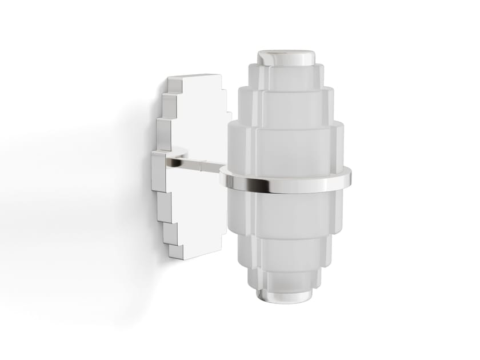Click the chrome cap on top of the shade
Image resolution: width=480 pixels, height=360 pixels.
pyautogui.click(x=286, y=57)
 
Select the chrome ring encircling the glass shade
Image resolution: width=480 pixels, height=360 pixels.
pyautogui.click(x=286, y=184)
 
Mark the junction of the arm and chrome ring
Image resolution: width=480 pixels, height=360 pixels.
pyautogui.click(x=224, y=171)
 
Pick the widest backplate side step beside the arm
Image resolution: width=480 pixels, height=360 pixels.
pyautogui.click(x=158, y=171)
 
